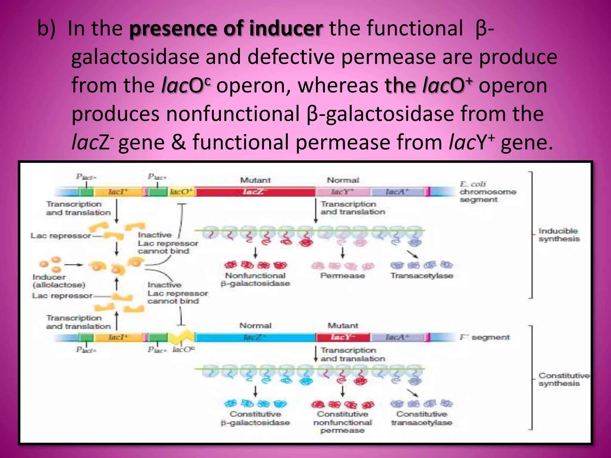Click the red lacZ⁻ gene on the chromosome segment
tap(255, 192)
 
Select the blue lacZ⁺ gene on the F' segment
tap(255, 338)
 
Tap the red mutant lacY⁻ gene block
tap(342, 338)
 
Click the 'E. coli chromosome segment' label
tap(487, 192)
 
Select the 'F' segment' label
tap(485, 338)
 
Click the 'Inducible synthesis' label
tap(559, 235)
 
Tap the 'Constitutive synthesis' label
tap(563, 380)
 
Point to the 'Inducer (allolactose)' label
tap(58, 281)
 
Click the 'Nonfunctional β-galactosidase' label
tap(255, 280)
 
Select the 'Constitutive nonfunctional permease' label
tap(342, 422)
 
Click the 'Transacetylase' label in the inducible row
tap(422, 276)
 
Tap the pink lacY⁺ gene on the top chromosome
tap(342, 192)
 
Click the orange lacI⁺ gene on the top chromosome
tap(118, 192)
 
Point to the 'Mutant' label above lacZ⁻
tap(255, 180)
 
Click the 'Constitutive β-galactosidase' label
tap(255, 418)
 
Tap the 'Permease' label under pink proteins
tap(342, 276)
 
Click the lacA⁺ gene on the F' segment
tap(397, 338)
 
